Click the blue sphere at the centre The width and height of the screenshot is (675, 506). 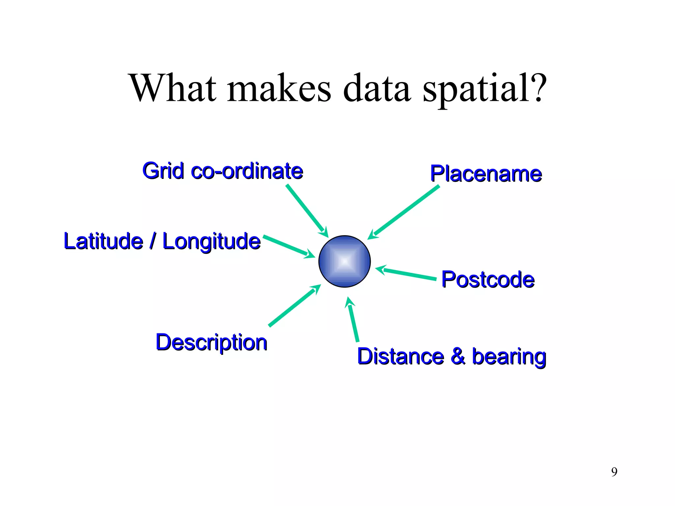pos(344,261)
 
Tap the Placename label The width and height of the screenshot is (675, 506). pos(486,174)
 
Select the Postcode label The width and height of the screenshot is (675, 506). pos(487,279)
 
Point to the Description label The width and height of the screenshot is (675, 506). pos(211,342)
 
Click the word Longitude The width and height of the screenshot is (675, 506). pos(212,241)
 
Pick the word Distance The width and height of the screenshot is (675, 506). pos(400,356)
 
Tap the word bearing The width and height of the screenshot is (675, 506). pos(509,357)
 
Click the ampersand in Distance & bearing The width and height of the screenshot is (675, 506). pos(458,356)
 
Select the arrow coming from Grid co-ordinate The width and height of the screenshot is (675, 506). pos(306,210)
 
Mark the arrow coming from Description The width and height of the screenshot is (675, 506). pos(293,306)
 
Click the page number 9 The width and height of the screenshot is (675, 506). pos(614,472)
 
